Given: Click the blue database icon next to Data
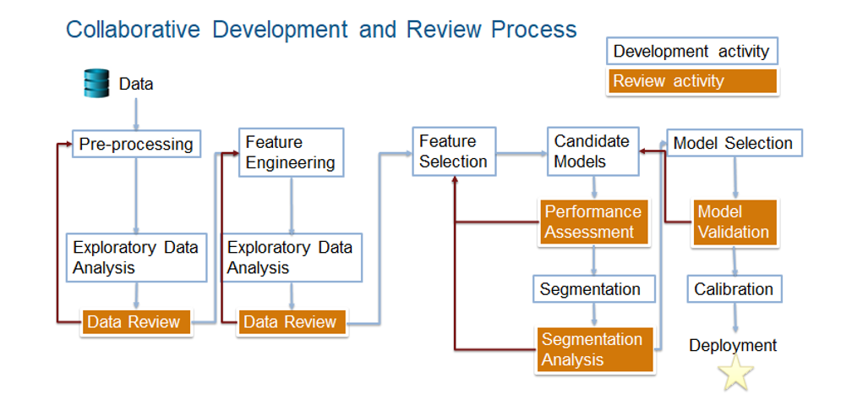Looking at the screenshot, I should pos(97,84).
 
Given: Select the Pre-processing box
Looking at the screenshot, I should pos(136,145).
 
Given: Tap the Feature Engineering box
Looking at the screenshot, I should pos(291,152).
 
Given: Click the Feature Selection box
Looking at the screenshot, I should pos(453,151).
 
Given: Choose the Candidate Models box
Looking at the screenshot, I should pos(592,151).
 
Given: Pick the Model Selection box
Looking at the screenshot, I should pos(733,144).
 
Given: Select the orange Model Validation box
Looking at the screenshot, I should pos(733,222).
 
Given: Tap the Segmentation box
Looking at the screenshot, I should pos(591,289).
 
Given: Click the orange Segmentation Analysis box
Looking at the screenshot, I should pos(595,349).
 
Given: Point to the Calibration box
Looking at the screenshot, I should pos(733,289).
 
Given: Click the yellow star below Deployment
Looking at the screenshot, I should pos(734,374).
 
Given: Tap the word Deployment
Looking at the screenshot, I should pos(732,345).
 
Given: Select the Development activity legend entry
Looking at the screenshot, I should pos(691,52).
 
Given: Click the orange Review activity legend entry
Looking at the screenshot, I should pos(691,81).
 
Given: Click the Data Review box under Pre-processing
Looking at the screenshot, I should pos(136,322).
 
